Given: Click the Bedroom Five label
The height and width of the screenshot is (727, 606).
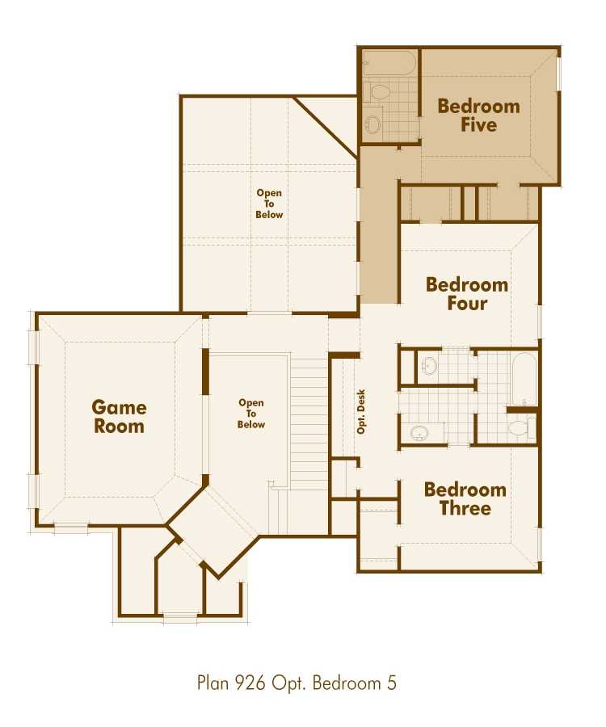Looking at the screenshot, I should coord(478,116).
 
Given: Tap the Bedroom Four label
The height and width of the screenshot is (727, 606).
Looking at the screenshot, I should coord(467,294).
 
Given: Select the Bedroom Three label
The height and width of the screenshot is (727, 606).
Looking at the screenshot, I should coord(465,499).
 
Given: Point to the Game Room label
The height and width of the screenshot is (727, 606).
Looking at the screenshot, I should coord(119,417).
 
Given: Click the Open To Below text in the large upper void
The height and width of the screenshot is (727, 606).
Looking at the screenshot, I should coord(270,204).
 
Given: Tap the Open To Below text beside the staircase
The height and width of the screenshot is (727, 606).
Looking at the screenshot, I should coord(251,414).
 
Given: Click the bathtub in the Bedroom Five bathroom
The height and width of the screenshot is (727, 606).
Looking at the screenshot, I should coord(389,64).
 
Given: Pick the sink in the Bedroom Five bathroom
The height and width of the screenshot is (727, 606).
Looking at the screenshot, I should coord(372,124).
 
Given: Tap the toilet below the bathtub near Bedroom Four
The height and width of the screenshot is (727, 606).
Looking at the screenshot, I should coord(519,427).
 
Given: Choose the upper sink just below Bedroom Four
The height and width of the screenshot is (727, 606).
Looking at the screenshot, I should coord(429,366).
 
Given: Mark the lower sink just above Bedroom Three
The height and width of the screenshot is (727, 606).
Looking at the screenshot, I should coord(419,433).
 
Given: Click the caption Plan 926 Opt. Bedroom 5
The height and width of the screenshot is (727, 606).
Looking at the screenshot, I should coord(297,683).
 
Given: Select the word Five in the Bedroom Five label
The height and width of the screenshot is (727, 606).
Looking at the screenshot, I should coord(478,125).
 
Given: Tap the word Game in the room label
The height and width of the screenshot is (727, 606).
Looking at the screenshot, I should coord(119,407).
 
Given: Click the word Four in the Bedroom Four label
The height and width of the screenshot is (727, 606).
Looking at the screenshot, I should coord(467,305).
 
